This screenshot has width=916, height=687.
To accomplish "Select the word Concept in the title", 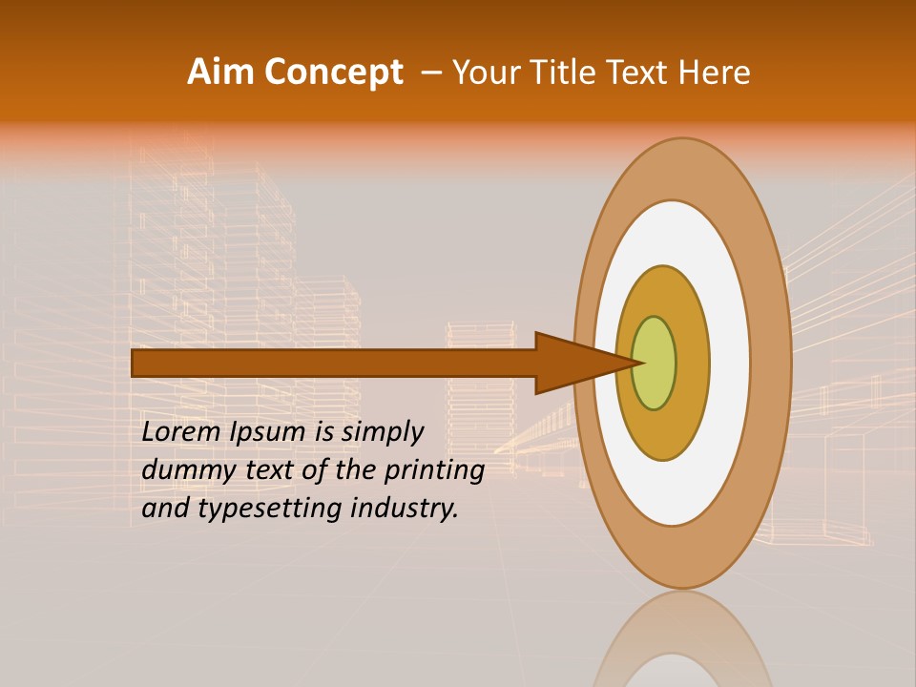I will click(331, 73).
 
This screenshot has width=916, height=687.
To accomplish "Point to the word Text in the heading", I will click(639, 73).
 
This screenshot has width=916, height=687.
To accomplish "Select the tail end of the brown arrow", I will click(136, 363).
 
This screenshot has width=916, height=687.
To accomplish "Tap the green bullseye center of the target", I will click(656, 363).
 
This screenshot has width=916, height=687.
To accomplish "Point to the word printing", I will click(434, 470).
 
